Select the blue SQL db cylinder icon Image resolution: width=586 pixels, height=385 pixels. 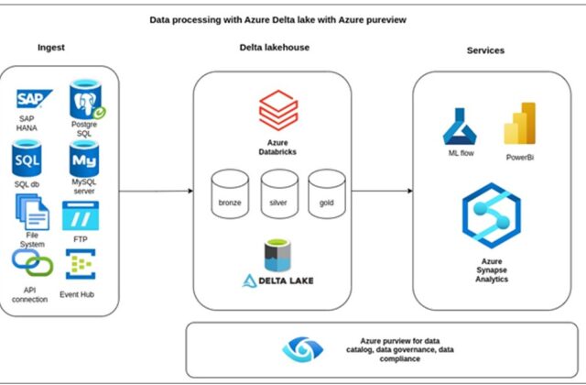27,160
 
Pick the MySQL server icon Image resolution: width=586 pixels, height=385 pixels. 83,160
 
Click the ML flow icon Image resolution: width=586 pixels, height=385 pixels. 455,126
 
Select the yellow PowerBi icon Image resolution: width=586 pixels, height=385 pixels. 518,123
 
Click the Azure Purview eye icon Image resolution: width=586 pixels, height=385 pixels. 297,349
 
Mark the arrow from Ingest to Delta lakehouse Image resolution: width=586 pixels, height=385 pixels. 156,191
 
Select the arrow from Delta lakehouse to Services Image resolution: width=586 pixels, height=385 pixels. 382,191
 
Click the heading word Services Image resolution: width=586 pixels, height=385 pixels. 486,50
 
